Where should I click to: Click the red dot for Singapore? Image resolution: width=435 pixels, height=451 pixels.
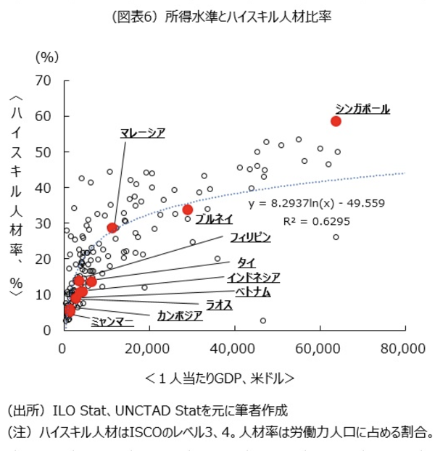pos(336,121)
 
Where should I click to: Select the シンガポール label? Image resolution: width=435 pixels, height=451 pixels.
pos(362,109)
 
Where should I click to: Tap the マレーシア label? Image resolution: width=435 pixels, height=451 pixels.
pos(143,132)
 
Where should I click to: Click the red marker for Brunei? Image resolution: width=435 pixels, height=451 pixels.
pos(188,210)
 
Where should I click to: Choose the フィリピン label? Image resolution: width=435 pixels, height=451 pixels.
pos(250,237)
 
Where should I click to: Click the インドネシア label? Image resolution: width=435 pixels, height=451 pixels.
pos(253,277)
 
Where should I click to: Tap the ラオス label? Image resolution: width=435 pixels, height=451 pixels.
pos(219,305)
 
